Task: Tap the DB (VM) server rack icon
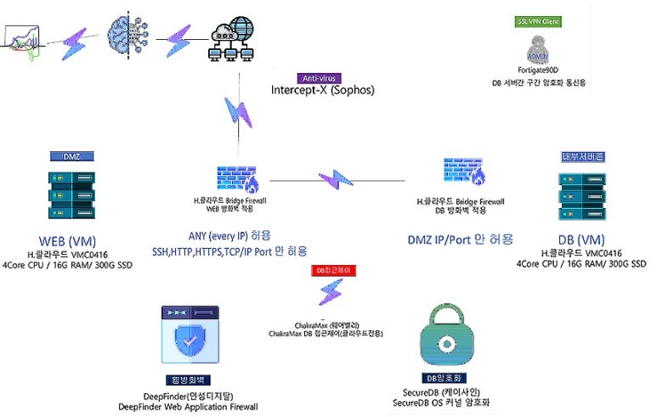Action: click(581, 198)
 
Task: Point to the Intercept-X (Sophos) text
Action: click(322, 89)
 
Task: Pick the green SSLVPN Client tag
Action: click(539, 21)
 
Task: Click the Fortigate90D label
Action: click(539, 71)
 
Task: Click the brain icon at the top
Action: click(125, 35)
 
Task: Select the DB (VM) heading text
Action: click(581, 240)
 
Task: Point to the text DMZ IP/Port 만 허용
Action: click(461, 239)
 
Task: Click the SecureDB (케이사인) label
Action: click(445, 392)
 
